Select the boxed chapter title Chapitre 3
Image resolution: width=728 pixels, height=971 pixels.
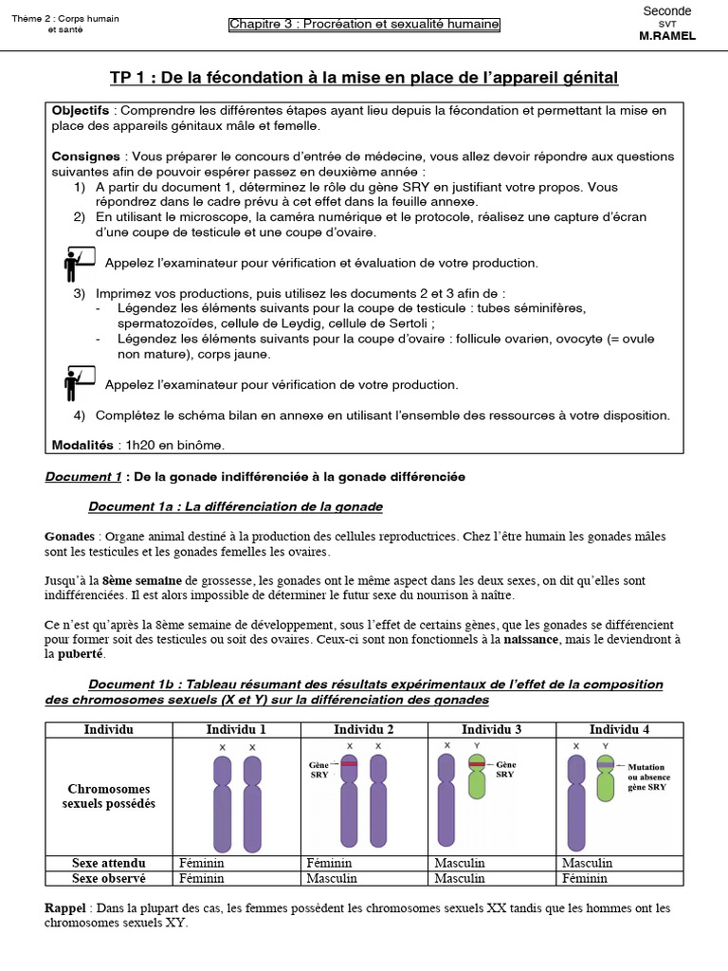[x=364, y=25]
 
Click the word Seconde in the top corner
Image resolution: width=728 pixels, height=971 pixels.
[x=667, y=10]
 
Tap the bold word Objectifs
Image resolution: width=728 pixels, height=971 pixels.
[x=81, y=111]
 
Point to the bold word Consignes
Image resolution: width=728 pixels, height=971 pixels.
[x=85, y=156]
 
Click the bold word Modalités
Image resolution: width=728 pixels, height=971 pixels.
[x=82, y=445]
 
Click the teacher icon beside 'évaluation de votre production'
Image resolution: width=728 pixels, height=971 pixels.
[x=79, y=263]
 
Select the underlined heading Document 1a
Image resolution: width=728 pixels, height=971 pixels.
[x=235, y=506]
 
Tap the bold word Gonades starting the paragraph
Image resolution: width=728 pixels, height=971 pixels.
[x=69, y=537]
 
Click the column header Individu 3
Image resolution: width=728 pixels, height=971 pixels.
[x=491, y=729]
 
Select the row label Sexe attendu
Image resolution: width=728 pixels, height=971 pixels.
[x=109, y=863]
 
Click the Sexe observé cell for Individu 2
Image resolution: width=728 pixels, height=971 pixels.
[x=330, y=878]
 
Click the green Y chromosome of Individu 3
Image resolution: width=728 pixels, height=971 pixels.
[x=477, y=778]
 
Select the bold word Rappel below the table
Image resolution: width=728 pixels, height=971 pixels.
[x=65, y=908]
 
